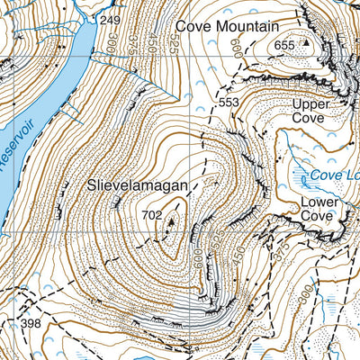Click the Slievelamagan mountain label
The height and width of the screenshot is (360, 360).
tap(138, 186)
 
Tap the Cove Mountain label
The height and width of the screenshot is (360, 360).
tap(226, 27)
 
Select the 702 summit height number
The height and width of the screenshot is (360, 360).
tap(151, 215)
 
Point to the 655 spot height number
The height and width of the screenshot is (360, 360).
tap(284, 45)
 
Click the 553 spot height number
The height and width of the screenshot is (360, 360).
tap(229, 103)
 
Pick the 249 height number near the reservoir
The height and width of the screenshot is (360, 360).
tap(110, 20)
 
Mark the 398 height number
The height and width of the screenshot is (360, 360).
tap(31, 323)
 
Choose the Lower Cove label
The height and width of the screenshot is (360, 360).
tap(319, 209)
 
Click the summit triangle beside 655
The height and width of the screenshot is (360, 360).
tap(304, 41)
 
